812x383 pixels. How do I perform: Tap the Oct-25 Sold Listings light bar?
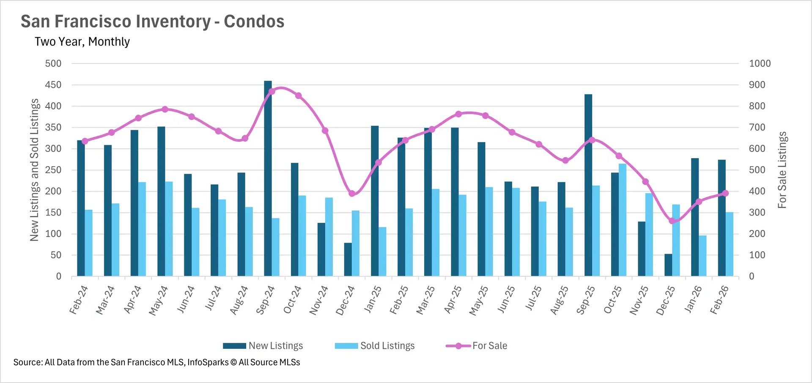pyautogui.click(x=623, y=220)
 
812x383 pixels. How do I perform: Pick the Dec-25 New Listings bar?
pyautogui.click(x=668, y=265)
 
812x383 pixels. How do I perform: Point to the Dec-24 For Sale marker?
pyautogui.click(x=352, y=194)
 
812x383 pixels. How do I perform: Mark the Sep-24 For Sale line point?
pyautogui.click(x=272, y=91)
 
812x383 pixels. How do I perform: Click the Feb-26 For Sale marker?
pyautogui.click(x=725, y=193)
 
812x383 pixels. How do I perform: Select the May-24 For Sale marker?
pyautogui.click(x=165, y=109)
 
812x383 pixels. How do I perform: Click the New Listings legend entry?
pyautogui.click(x=263, y=346)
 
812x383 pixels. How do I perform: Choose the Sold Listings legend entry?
pyautogui.click(x=375, y=346)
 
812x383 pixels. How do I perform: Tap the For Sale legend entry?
pyautogui.click(x=477, y=346)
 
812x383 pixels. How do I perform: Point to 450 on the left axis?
pyautogui.click(x=53, y=85)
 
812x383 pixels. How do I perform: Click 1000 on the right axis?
pyautogui.click(x=760, y=63)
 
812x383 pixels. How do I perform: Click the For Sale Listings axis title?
pyautogui.click(x=782, y=170)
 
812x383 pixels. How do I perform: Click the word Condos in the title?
pyautogui.click(x=254, y=22)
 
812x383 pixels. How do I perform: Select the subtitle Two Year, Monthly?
pyautogui.click(x=82, y=42)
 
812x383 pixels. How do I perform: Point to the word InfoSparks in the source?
pyautogui.click(x=208, y=362)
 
